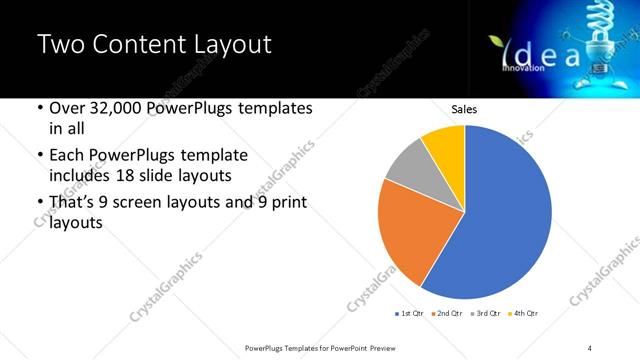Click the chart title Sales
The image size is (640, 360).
pyautogui.click(x=464, y=108)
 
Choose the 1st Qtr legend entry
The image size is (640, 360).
pyautogui.click(x=410, y=313)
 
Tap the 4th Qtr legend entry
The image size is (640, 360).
pyautogui.click(x=523, y=313)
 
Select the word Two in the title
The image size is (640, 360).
pyautogui.click(x=57, y=46)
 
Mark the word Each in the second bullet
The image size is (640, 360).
pyautogui.click(x=67, y=156)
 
